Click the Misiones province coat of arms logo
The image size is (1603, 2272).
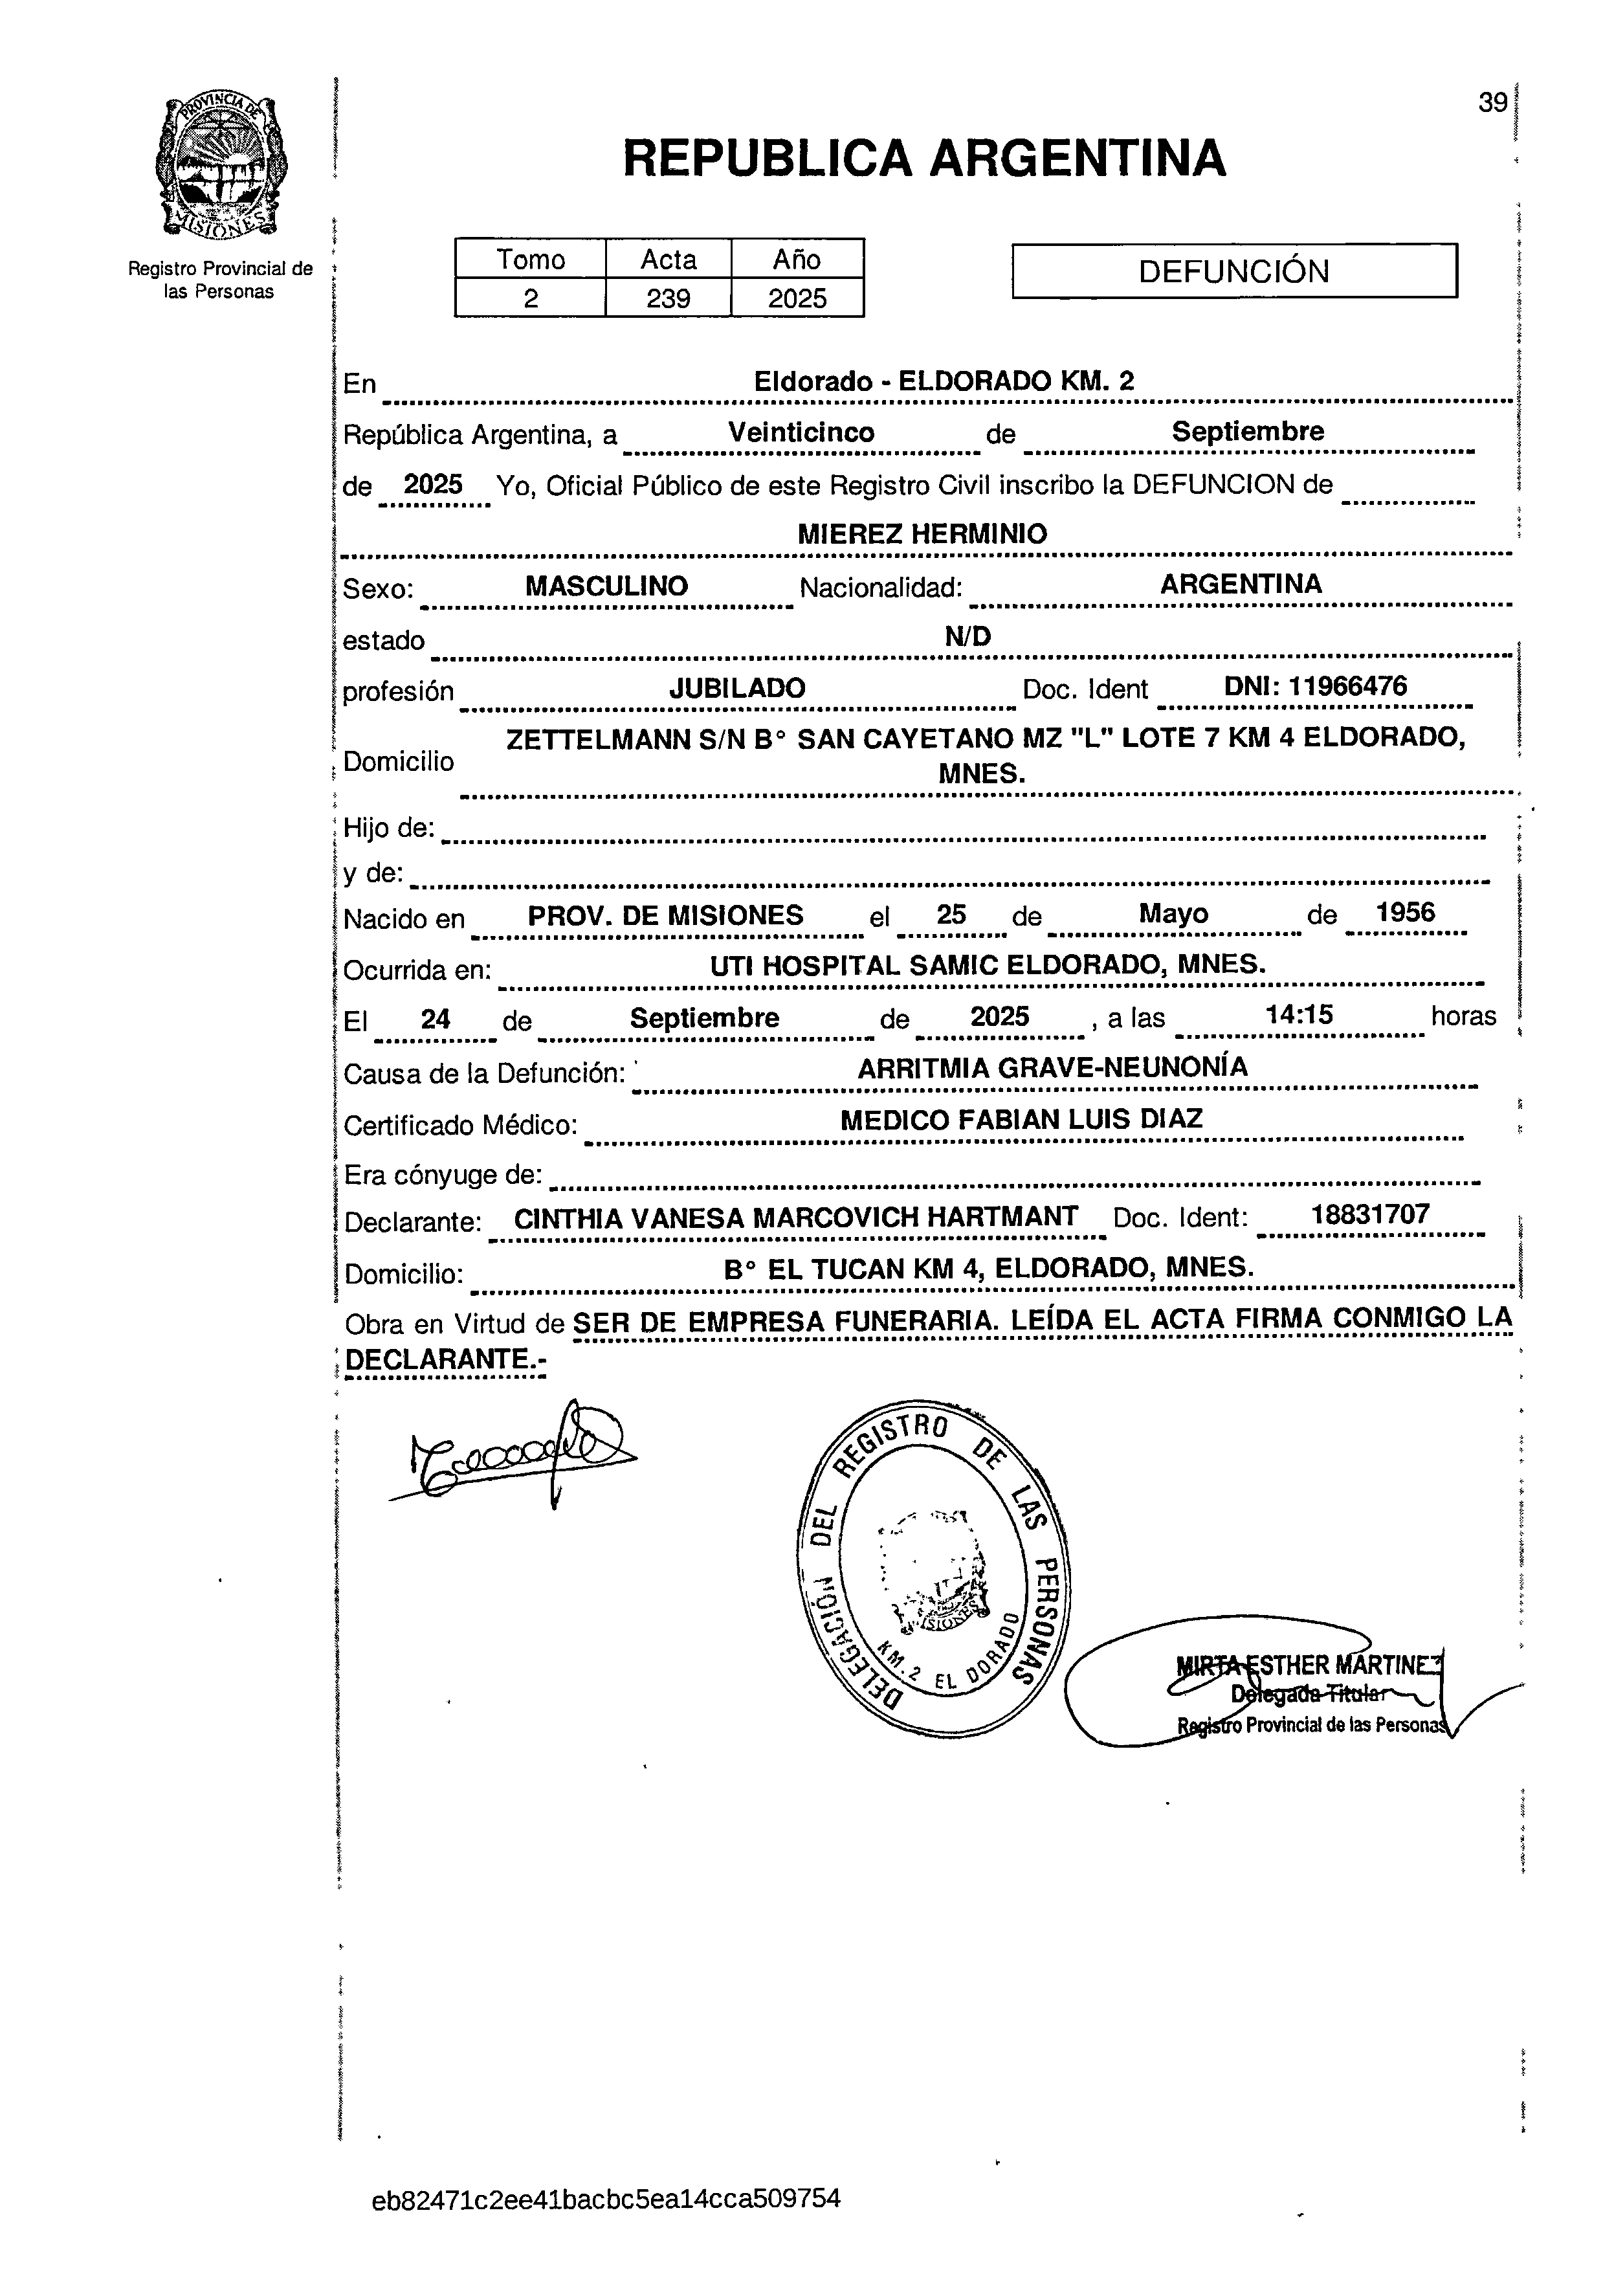[219, 166]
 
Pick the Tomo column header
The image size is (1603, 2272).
[531, 260]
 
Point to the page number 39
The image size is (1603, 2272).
[1492, 103]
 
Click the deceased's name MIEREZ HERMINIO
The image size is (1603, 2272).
[922, 535]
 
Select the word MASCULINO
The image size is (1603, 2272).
[606, 586]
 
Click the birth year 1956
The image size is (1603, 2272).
[1405, 913]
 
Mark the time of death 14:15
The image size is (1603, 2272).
[1299, 1014]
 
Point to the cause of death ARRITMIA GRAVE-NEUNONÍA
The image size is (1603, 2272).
[1052, 1067]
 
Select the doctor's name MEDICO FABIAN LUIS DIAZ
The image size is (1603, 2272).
[1021, 1119]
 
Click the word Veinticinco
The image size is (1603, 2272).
[801, 432]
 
